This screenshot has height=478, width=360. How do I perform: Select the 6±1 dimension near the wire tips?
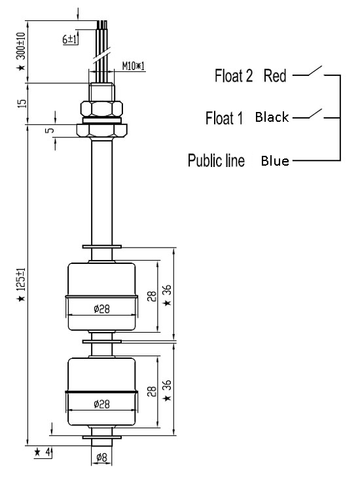tap(71, 39)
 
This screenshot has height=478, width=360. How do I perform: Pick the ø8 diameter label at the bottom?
tap(101, 457)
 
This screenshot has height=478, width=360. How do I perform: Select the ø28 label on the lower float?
tap(101, 405)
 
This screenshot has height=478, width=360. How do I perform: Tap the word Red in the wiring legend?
tap(275, 76)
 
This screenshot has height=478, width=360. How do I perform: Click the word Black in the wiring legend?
tap(272, 118)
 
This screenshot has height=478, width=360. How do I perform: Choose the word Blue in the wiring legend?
tap(275, 160)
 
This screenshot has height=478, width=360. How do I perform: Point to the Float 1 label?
tap(225, 119)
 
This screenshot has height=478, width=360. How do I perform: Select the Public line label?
tap(216, 160)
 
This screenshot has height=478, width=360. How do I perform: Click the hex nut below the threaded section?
tap(101, 108)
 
